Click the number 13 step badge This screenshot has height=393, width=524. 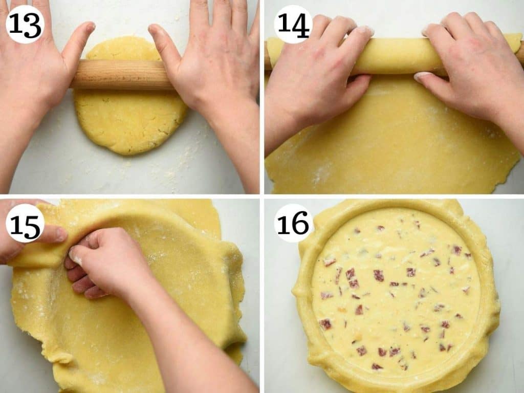pos(25,24)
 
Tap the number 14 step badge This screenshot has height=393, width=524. pos(293,24)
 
